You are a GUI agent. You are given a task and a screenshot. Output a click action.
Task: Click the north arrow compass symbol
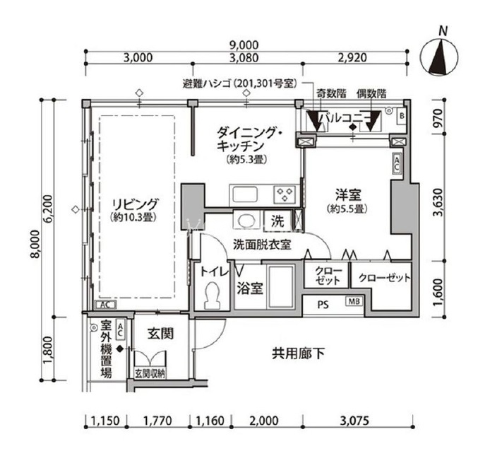439,57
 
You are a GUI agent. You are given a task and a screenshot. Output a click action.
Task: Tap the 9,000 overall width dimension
244,45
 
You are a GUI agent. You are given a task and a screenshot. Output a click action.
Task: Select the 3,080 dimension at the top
244,57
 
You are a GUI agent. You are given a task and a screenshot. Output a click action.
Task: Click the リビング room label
135,204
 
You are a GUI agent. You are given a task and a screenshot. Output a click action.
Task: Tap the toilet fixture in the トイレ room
213,296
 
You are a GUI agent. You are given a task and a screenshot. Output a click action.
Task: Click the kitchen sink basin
245,194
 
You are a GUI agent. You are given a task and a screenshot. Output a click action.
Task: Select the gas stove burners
285,194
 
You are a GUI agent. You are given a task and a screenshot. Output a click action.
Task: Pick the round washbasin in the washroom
246,221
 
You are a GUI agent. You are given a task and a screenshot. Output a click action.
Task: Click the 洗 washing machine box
277,221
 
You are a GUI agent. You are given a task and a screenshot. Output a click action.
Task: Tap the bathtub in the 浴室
281,288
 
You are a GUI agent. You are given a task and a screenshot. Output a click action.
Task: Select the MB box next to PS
354,301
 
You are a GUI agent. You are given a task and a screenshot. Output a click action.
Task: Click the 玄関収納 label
150,373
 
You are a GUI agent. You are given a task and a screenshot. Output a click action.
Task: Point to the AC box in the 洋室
397,163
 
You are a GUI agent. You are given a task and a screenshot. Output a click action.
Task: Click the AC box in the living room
106,305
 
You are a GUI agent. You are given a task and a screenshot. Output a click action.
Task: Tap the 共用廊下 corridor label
298,353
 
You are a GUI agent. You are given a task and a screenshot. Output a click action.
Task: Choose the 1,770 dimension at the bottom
157,421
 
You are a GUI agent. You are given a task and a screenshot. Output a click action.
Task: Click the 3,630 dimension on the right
438,202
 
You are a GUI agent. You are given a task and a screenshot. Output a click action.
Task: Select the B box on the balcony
402,116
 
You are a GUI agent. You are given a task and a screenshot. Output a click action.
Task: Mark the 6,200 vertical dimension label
49,209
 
